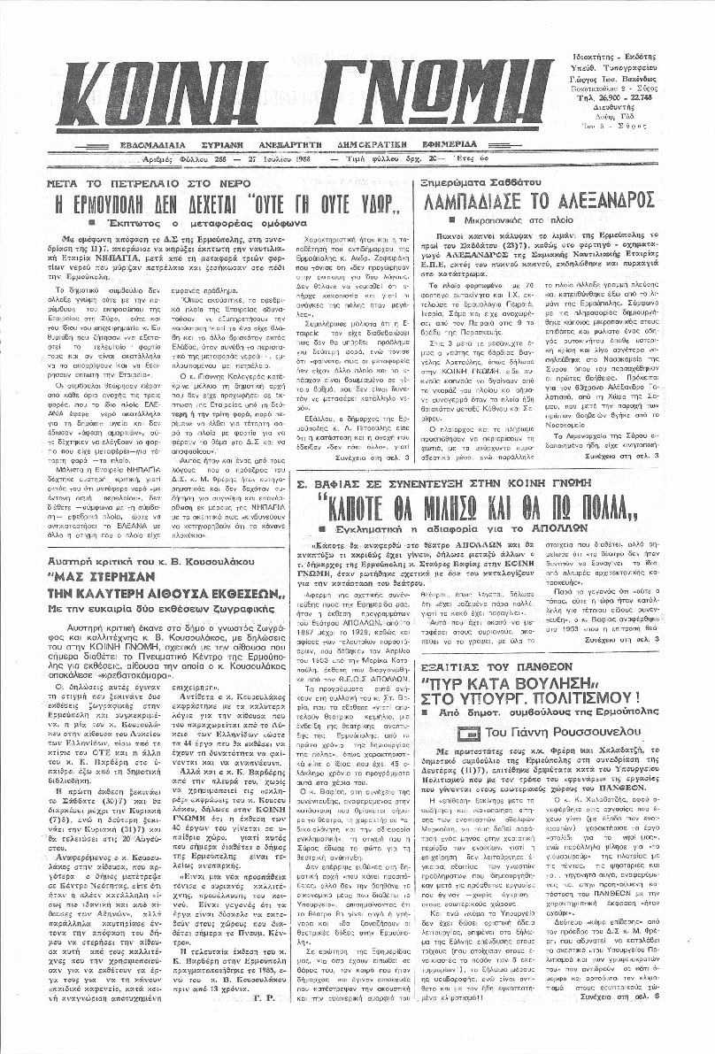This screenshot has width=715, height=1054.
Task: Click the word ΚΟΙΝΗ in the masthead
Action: (x=173, y=96)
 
